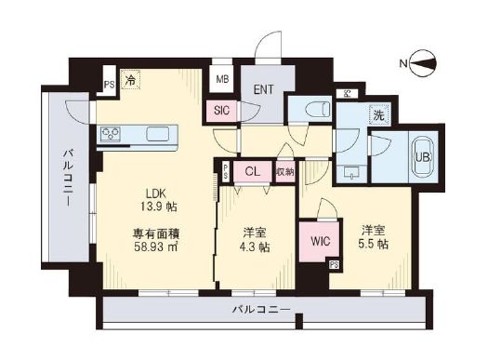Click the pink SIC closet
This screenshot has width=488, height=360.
pos(221,110)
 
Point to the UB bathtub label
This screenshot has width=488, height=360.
pos(422,156)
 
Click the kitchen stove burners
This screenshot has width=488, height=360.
pos(111,135)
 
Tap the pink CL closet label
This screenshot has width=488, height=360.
pos(253,171)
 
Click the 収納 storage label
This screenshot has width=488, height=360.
pos(284,171)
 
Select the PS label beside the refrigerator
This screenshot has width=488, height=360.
pos(109,82)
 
